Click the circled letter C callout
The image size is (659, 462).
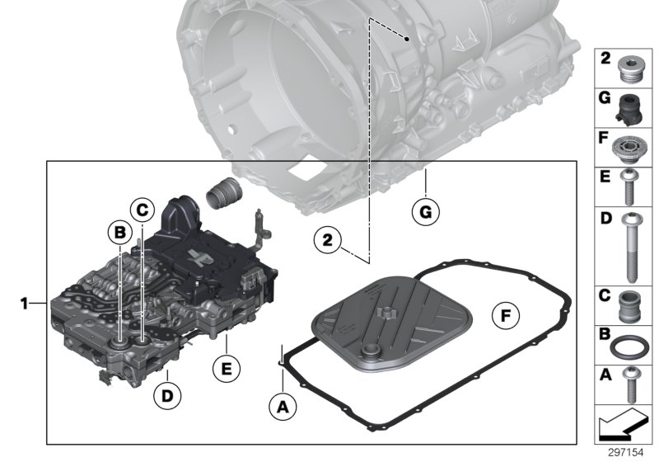(142, 210)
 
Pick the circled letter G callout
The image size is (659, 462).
(424, 212)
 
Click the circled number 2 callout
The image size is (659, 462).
(327, 241)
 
